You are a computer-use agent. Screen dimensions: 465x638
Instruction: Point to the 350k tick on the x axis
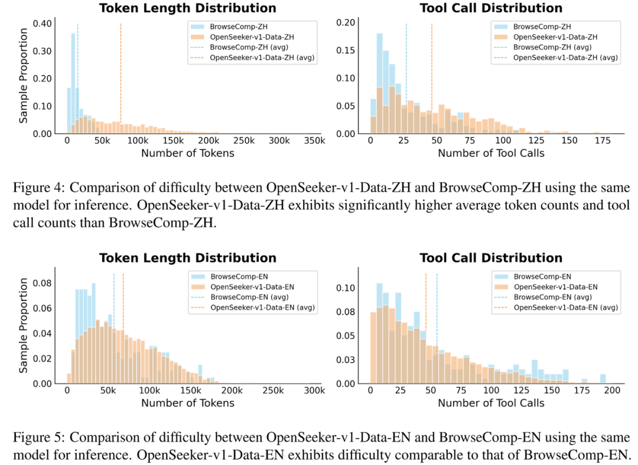pos(314,142)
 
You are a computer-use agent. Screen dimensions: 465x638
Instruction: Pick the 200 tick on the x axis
pos(611,391)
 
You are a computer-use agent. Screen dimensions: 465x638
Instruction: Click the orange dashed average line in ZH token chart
pos(121,71)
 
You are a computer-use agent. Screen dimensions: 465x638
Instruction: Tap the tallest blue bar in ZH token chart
pos(73,83)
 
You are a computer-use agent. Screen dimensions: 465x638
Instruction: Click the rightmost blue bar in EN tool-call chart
pos(603,378)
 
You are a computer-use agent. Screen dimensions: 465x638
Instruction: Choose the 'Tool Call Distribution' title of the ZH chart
pos(491,8)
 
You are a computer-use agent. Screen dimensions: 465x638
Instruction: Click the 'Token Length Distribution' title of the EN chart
pos(187,258)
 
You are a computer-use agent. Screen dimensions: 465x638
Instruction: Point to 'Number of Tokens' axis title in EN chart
pos(187,403)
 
